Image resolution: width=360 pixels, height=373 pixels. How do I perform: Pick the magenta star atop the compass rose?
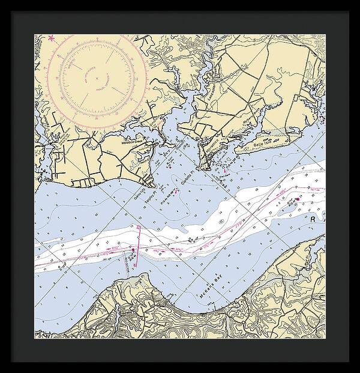52,39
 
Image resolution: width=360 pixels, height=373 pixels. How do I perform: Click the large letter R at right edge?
312,220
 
